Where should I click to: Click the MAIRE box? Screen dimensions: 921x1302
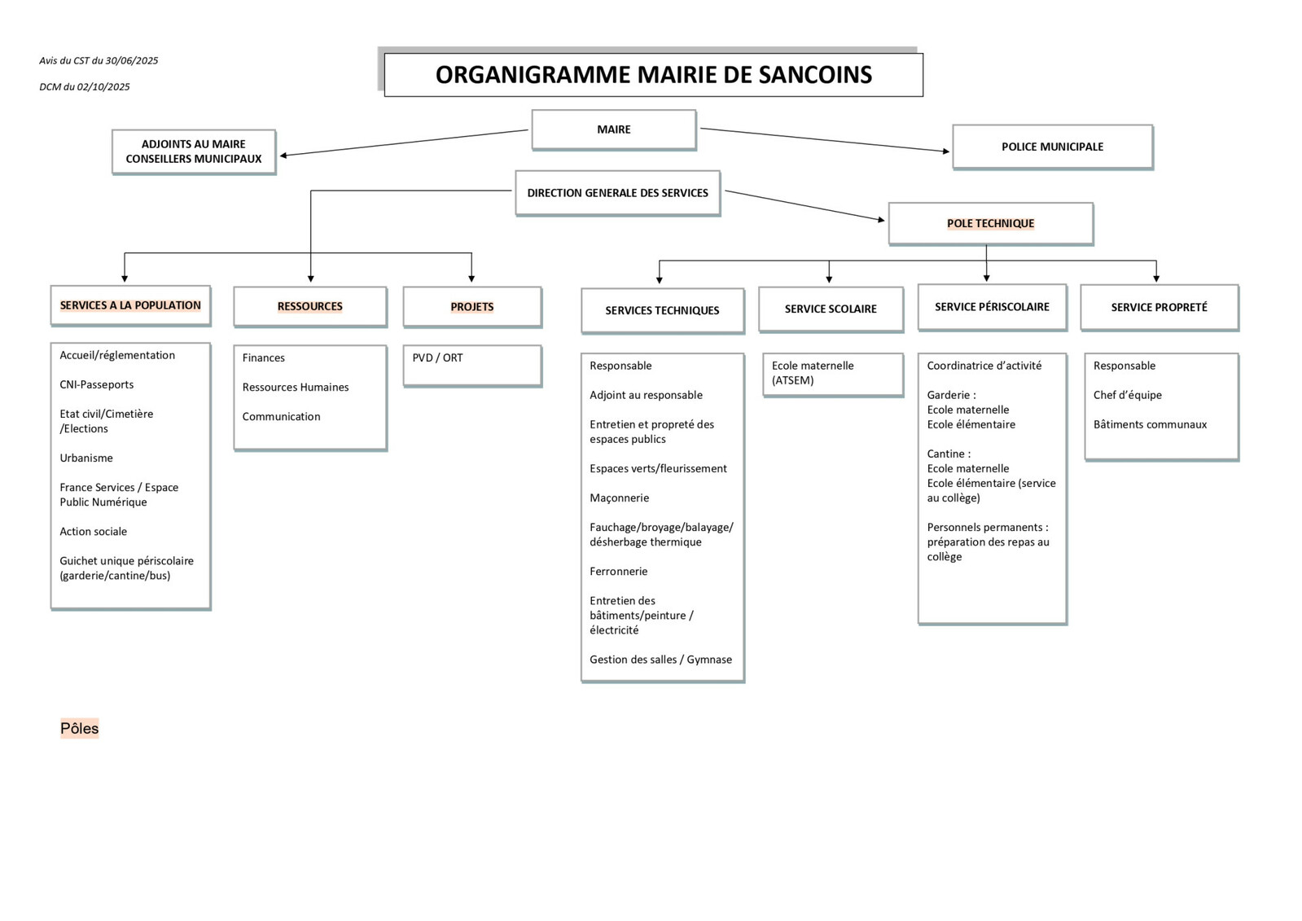(613, 129)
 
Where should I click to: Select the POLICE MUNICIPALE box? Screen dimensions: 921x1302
(1052, 147)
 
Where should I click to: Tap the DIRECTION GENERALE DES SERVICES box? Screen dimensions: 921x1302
(617, 193)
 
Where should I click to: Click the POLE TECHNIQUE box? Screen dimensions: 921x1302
(990, 223)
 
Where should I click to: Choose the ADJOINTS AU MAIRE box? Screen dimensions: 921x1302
(194, 151)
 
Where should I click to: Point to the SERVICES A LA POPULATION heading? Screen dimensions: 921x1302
(130, 305)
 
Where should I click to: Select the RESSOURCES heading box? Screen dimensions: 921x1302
(309, 306)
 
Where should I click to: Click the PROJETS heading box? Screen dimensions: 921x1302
(471, 307)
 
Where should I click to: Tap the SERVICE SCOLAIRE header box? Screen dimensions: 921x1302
(831, 309)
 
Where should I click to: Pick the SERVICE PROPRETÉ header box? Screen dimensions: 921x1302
(1159, 307)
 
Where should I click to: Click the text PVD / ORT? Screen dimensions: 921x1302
(437, 357)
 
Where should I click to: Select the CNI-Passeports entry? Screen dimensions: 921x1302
(96, 384)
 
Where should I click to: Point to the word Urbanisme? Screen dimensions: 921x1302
(86, 458)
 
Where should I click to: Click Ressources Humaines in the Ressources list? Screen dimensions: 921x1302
(296, 387)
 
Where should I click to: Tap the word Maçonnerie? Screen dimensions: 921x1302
(619, 498)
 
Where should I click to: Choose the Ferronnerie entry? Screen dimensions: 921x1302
(618, 571)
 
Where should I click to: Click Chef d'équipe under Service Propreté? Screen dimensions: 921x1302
(1127, 395)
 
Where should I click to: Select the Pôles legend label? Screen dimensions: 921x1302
(79, 728)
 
